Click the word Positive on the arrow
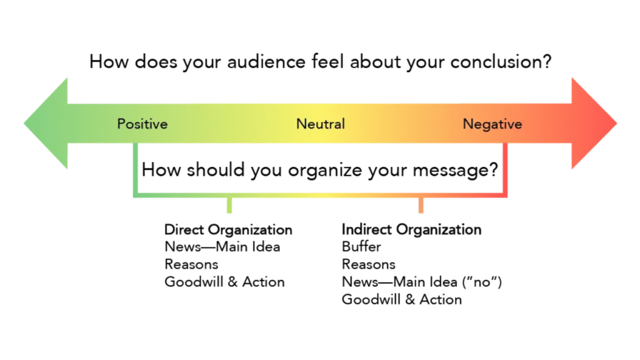coord(142,124)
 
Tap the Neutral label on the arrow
coord(320,124)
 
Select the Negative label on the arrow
coord(492,124)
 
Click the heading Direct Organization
coord(228,229)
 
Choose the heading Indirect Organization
coord(411,229)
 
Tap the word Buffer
coord(361,247)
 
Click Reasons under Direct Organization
coord(191,264)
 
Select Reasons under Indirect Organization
coord(369,264)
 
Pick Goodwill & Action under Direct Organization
coord(224,282)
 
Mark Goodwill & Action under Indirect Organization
coord(402,299)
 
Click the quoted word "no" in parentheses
coord(481,282)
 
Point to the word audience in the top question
coord(241,62)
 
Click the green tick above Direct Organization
coord(229,204)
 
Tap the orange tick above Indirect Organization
coord(421,204)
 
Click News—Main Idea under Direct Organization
coord(222,247)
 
